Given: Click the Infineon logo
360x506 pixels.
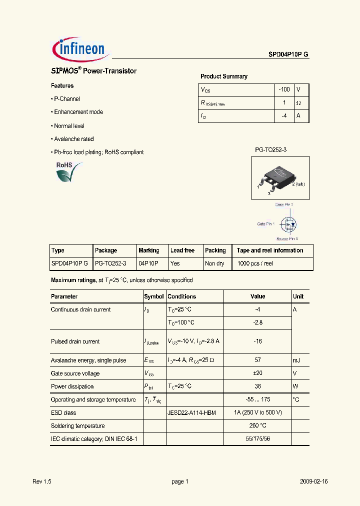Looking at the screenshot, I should [x=80, y=48].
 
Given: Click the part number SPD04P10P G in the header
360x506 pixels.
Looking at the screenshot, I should [x=285, y=56].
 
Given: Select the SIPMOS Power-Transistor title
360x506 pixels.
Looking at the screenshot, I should [x=93, y=71].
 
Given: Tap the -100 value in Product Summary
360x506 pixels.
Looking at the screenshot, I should [x=284, y=89].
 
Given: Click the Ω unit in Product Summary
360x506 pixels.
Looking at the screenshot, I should [x=298, y=102].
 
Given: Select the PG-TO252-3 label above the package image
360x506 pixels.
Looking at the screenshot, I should [x=270, y=150].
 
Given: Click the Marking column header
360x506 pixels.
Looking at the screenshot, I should [x=149, y=250].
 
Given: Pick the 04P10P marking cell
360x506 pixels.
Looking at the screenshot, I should [x=148, y=263].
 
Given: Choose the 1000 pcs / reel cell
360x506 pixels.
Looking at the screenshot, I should [x=255, y=263].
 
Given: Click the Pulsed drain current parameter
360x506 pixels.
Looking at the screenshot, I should [x=75, y=341].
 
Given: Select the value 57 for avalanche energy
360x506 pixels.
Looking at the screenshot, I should [x=257, y=360].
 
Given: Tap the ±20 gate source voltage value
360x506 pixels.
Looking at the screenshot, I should [x=257, y=373].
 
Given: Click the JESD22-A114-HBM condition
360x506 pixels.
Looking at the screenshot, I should [x=191, y=413].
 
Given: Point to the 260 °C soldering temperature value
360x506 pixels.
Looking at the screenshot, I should [x=257, y=426].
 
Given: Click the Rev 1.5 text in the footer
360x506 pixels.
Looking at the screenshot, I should [x=42, y=481].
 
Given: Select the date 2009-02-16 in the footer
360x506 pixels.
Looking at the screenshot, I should [x=313, y=481].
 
